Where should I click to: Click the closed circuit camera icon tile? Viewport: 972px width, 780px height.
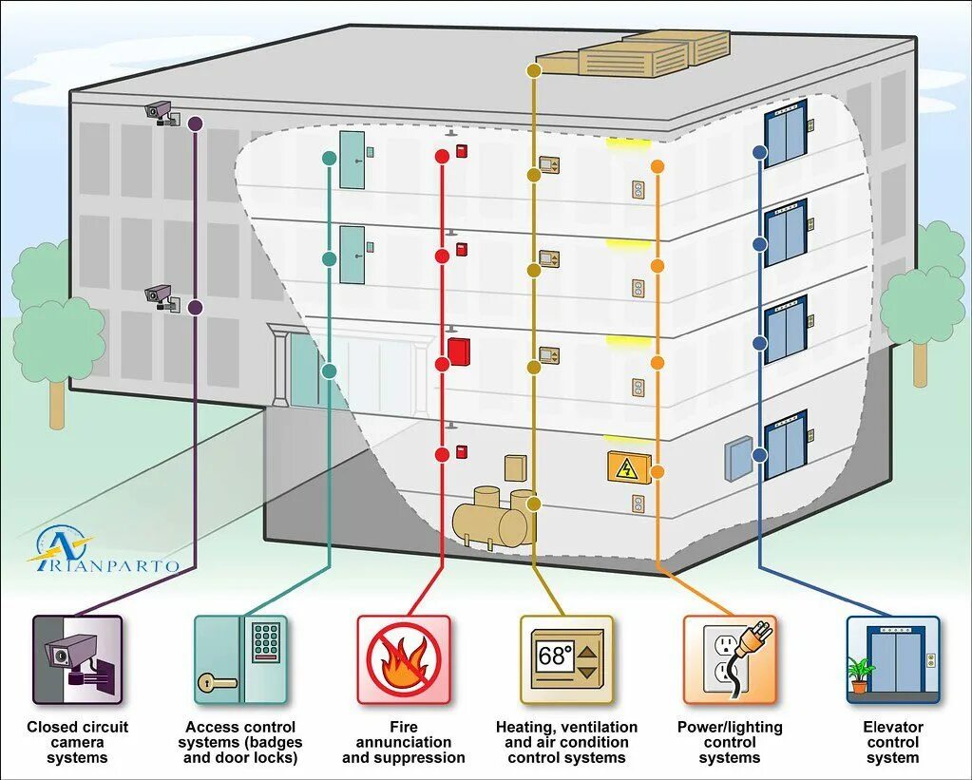pos(78,658)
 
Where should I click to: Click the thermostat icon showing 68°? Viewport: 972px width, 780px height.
pos(566,658)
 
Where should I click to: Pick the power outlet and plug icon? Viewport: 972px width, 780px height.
pos(729,658)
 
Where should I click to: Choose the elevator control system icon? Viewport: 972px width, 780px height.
pos(892,658)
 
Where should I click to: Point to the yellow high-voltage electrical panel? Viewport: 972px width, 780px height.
pos(628,467)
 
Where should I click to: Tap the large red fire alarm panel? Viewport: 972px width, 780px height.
pos(459,351)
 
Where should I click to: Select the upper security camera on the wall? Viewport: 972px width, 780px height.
pos(160,113)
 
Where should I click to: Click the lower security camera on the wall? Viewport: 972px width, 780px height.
pos(160,296)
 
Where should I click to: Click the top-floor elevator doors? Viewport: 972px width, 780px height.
pos(785,133)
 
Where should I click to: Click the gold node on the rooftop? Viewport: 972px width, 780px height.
pos(534,70)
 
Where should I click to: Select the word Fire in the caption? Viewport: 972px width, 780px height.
pos(403,727)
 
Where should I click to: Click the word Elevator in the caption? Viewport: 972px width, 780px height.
pos(892,727)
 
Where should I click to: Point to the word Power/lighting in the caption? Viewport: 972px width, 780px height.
pos(729,727)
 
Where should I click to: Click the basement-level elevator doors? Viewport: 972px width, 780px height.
pos(785,445)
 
